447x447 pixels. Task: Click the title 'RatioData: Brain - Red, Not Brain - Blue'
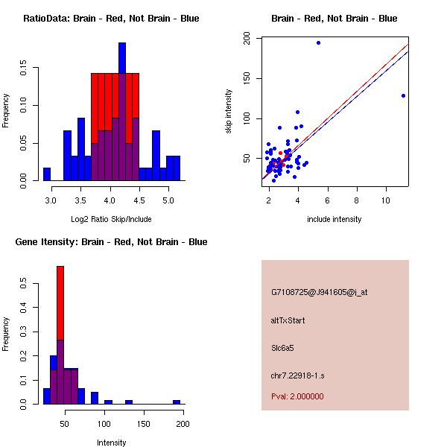111,18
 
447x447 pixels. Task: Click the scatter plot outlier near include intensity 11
403,95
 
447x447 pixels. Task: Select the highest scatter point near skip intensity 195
318,42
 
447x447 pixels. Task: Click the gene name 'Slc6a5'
283,347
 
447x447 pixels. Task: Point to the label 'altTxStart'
288,320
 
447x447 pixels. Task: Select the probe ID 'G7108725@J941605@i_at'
319,292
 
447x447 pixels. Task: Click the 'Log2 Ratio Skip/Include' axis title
111,219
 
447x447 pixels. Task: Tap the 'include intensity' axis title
335,219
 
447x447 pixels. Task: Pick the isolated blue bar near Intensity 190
177,402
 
